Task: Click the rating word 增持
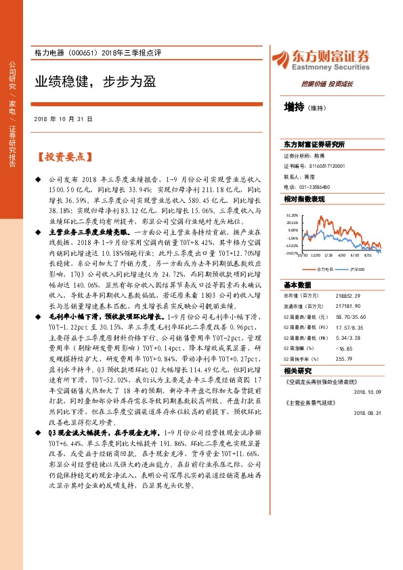(x=294, y=106)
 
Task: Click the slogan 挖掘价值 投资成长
(x=327, y=84)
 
